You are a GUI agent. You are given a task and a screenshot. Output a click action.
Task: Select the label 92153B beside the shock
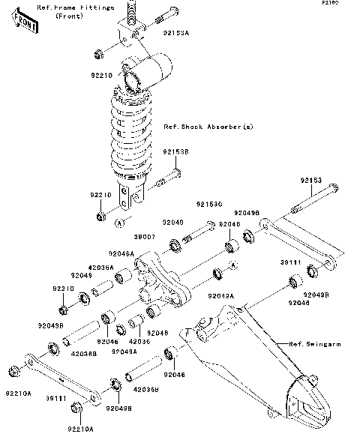tap(175, 151)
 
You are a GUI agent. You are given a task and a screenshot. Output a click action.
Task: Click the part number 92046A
tap(121, 254)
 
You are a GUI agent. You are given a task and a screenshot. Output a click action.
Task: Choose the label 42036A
tap(101, 267)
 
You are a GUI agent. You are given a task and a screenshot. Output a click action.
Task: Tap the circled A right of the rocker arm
tap(232, 265)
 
